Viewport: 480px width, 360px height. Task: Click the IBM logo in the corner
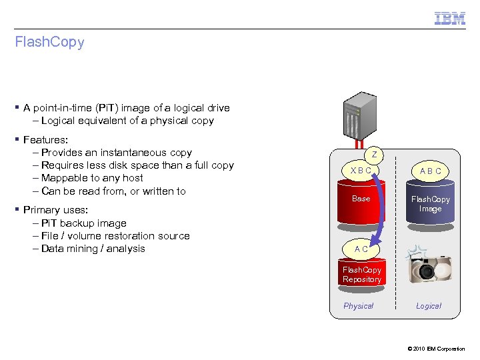(450, 18)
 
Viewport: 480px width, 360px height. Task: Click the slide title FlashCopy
(50, 42)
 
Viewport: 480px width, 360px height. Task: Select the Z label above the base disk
(375, 155)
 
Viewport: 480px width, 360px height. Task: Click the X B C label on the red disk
(361, 171)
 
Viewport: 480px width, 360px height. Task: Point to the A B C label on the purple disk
(430, 171)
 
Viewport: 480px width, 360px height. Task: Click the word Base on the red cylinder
(361, 199)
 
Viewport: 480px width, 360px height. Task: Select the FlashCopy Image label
(430, 204)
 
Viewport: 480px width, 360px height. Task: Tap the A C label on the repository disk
(361, 249)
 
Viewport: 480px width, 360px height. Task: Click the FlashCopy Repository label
(361, 275)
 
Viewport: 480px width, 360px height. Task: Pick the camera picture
(430, 267)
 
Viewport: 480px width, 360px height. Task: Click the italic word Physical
(358, 306)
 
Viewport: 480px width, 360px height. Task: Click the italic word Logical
(429, 306)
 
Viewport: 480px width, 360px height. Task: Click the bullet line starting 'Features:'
(45, 140)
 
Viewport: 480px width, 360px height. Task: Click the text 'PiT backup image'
(83, 223)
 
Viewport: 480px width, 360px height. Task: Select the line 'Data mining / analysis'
(93, 249)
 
